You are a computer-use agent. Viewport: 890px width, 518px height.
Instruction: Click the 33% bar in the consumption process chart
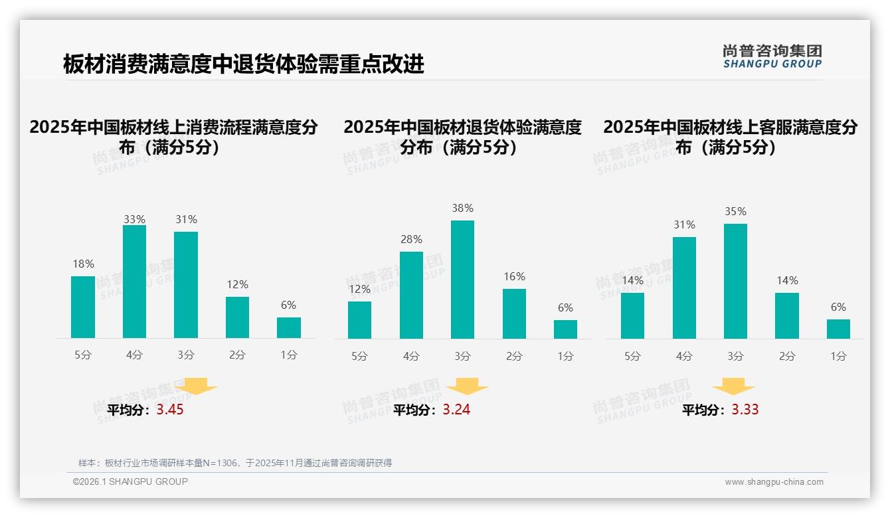coord(134,282)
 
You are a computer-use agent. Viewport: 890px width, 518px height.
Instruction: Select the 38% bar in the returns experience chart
coord(462,280)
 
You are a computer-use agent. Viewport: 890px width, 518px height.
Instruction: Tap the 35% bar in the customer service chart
coord(735,281)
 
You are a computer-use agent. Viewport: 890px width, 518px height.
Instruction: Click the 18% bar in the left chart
coord(83,307)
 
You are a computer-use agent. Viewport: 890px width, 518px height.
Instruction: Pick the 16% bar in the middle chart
coord(514,313)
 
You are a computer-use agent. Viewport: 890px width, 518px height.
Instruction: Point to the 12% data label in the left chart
coord(237,284)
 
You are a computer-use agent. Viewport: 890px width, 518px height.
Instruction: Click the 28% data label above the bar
coord(411,239)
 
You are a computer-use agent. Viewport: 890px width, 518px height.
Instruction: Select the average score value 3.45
coord(170,410)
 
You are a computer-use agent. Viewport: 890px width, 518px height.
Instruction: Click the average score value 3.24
coord(456,410)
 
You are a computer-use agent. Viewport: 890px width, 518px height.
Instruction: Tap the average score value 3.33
coord(745,410)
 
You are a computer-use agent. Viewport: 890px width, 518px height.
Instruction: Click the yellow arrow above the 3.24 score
coord(467,387)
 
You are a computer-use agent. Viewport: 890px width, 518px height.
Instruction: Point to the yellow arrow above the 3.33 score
coord(733,387)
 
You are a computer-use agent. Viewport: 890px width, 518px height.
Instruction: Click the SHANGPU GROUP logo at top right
coord(772,56)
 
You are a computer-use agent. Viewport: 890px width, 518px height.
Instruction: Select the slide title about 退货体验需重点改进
coord(244,64)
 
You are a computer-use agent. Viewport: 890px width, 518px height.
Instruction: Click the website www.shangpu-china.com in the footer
coord(774,482)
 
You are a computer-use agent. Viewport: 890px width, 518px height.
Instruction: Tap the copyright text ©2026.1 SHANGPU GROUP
coord(130,481)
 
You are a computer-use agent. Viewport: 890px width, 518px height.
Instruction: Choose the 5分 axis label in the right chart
coord(632,356)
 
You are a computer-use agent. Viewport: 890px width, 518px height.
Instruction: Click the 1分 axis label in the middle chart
coord(565,356)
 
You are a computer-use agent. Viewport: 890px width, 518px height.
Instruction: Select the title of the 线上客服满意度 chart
coord(730,137)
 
